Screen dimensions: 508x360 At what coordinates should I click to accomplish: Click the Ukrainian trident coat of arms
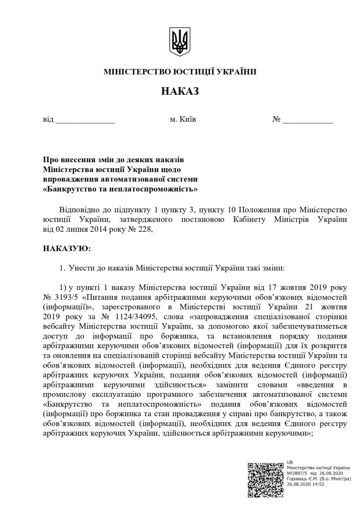click(179, 41)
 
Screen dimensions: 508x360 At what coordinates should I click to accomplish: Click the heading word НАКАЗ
click(180, 92)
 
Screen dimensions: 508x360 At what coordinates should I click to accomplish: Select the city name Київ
click(187, 120)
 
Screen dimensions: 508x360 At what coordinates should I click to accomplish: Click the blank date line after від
click(85, 121)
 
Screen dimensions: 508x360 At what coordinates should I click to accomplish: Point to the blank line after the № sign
click(308, 121)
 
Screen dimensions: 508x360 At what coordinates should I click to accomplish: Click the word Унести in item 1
click(80, 268)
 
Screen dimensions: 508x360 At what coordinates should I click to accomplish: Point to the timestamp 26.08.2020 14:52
click(306, 485)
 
